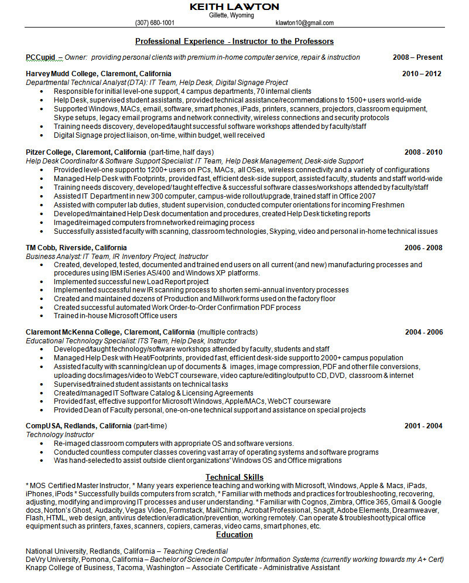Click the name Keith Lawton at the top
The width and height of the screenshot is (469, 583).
coord(234,6)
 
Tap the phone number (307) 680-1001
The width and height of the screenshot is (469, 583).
coord(155,23)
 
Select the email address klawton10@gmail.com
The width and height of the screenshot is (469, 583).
coord(304,23)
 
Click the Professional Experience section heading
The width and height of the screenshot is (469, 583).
coord(234,42)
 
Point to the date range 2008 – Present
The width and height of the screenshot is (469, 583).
coord(417,57)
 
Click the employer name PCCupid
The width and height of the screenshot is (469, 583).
coord(40,57)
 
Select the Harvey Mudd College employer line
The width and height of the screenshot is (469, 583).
coord(98,74)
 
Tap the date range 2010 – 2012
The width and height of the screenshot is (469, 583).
coord(422,74)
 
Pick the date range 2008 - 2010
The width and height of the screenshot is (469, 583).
coord(423,152)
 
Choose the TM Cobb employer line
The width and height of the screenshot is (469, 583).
coord(76,248)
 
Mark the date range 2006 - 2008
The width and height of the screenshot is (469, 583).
coord(423,248)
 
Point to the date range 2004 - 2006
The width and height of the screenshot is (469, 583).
coord(423,332)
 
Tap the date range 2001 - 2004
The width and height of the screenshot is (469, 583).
coord(423,426)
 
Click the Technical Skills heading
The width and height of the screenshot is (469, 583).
coord(234,478)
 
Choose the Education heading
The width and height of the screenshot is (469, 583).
coord(234,535)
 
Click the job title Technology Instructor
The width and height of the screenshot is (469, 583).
coord(60,435)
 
